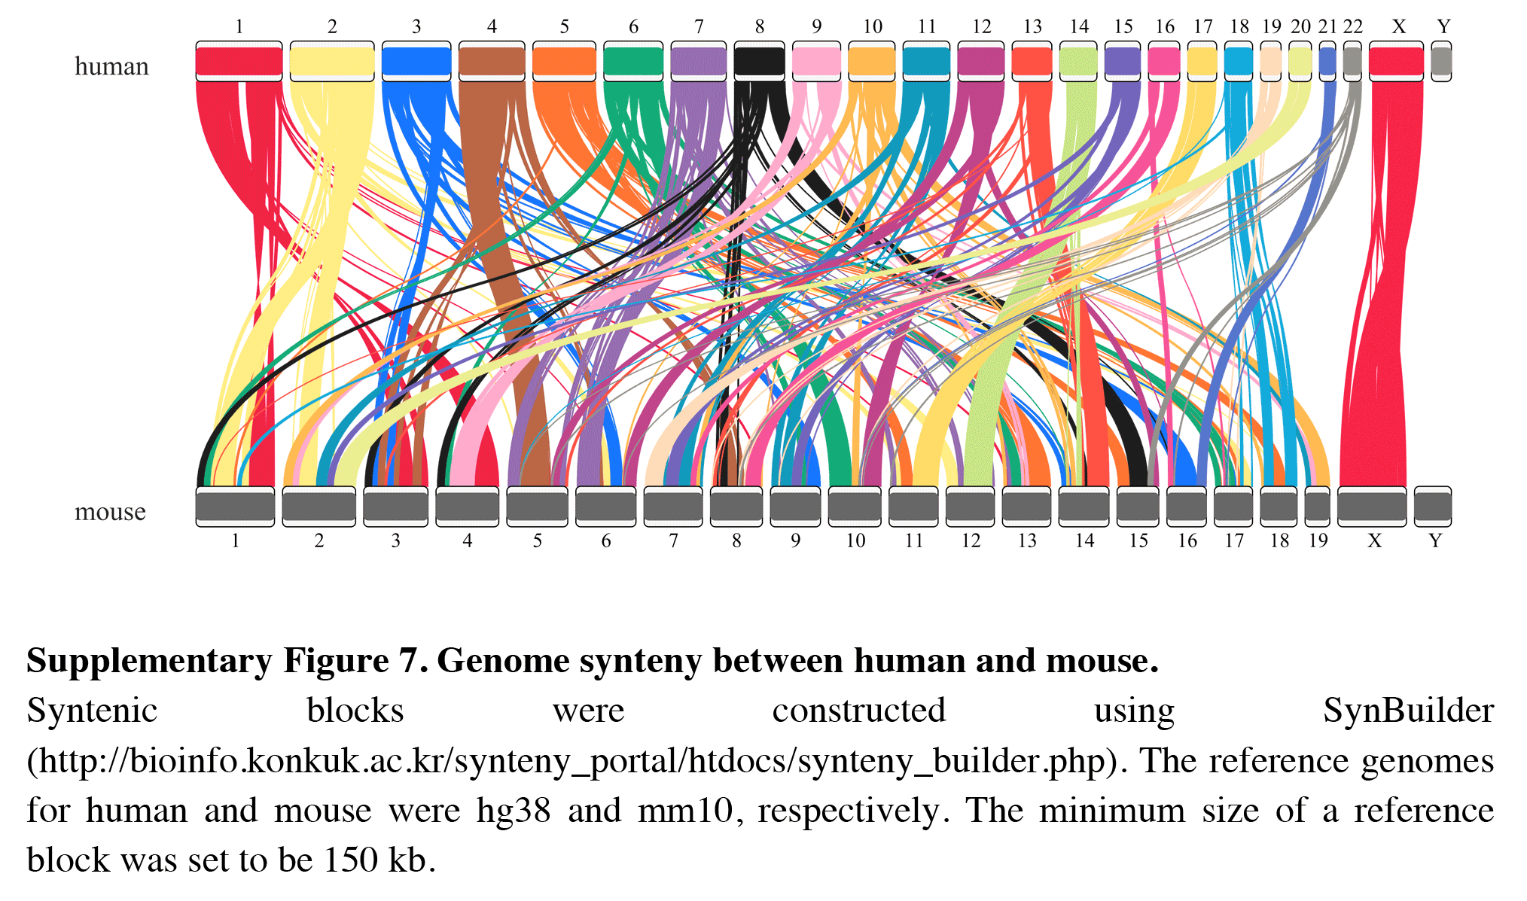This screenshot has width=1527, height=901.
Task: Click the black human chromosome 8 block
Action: [x=759, y=61]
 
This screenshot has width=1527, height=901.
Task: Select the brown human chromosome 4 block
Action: [x=491, y=61]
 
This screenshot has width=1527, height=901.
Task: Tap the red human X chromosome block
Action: [x=1395, y=61]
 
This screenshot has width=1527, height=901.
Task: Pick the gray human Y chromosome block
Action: [x=1440, y=61]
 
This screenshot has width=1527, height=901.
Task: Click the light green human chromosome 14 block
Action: [x=1078, y=61]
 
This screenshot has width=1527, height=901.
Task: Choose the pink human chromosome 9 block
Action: [x=816, y=61]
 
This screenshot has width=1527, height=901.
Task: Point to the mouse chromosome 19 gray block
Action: [x=1317, y=507]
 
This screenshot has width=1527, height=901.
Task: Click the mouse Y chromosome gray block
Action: [x=1432, y=507]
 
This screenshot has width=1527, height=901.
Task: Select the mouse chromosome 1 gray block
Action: [x=235, y=507]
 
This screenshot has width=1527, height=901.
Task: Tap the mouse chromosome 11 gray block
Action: [x=913, y=507]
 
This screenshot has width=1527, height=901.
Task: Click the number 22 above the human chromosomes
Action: [x=1353, y=26]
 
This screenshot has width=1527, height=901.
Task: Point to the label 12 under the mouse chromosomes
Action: [x=971, y=540]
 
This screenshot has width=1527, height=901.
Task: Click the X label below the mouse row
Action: [x=1374, y=540]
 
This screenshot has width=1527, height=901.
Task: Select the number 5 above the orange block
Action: [x=564, y=26]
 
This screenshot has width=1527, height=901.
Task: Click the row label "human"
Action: [x=111, y=66]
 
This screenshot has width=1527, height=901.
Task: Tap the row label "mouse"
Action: [x=110, y=512]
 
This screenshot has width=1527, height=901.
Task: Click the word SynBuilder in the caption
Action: [x=1408, y=710]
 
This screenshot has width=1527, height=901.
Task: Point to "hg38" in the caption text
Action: [x=514, y=811]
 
